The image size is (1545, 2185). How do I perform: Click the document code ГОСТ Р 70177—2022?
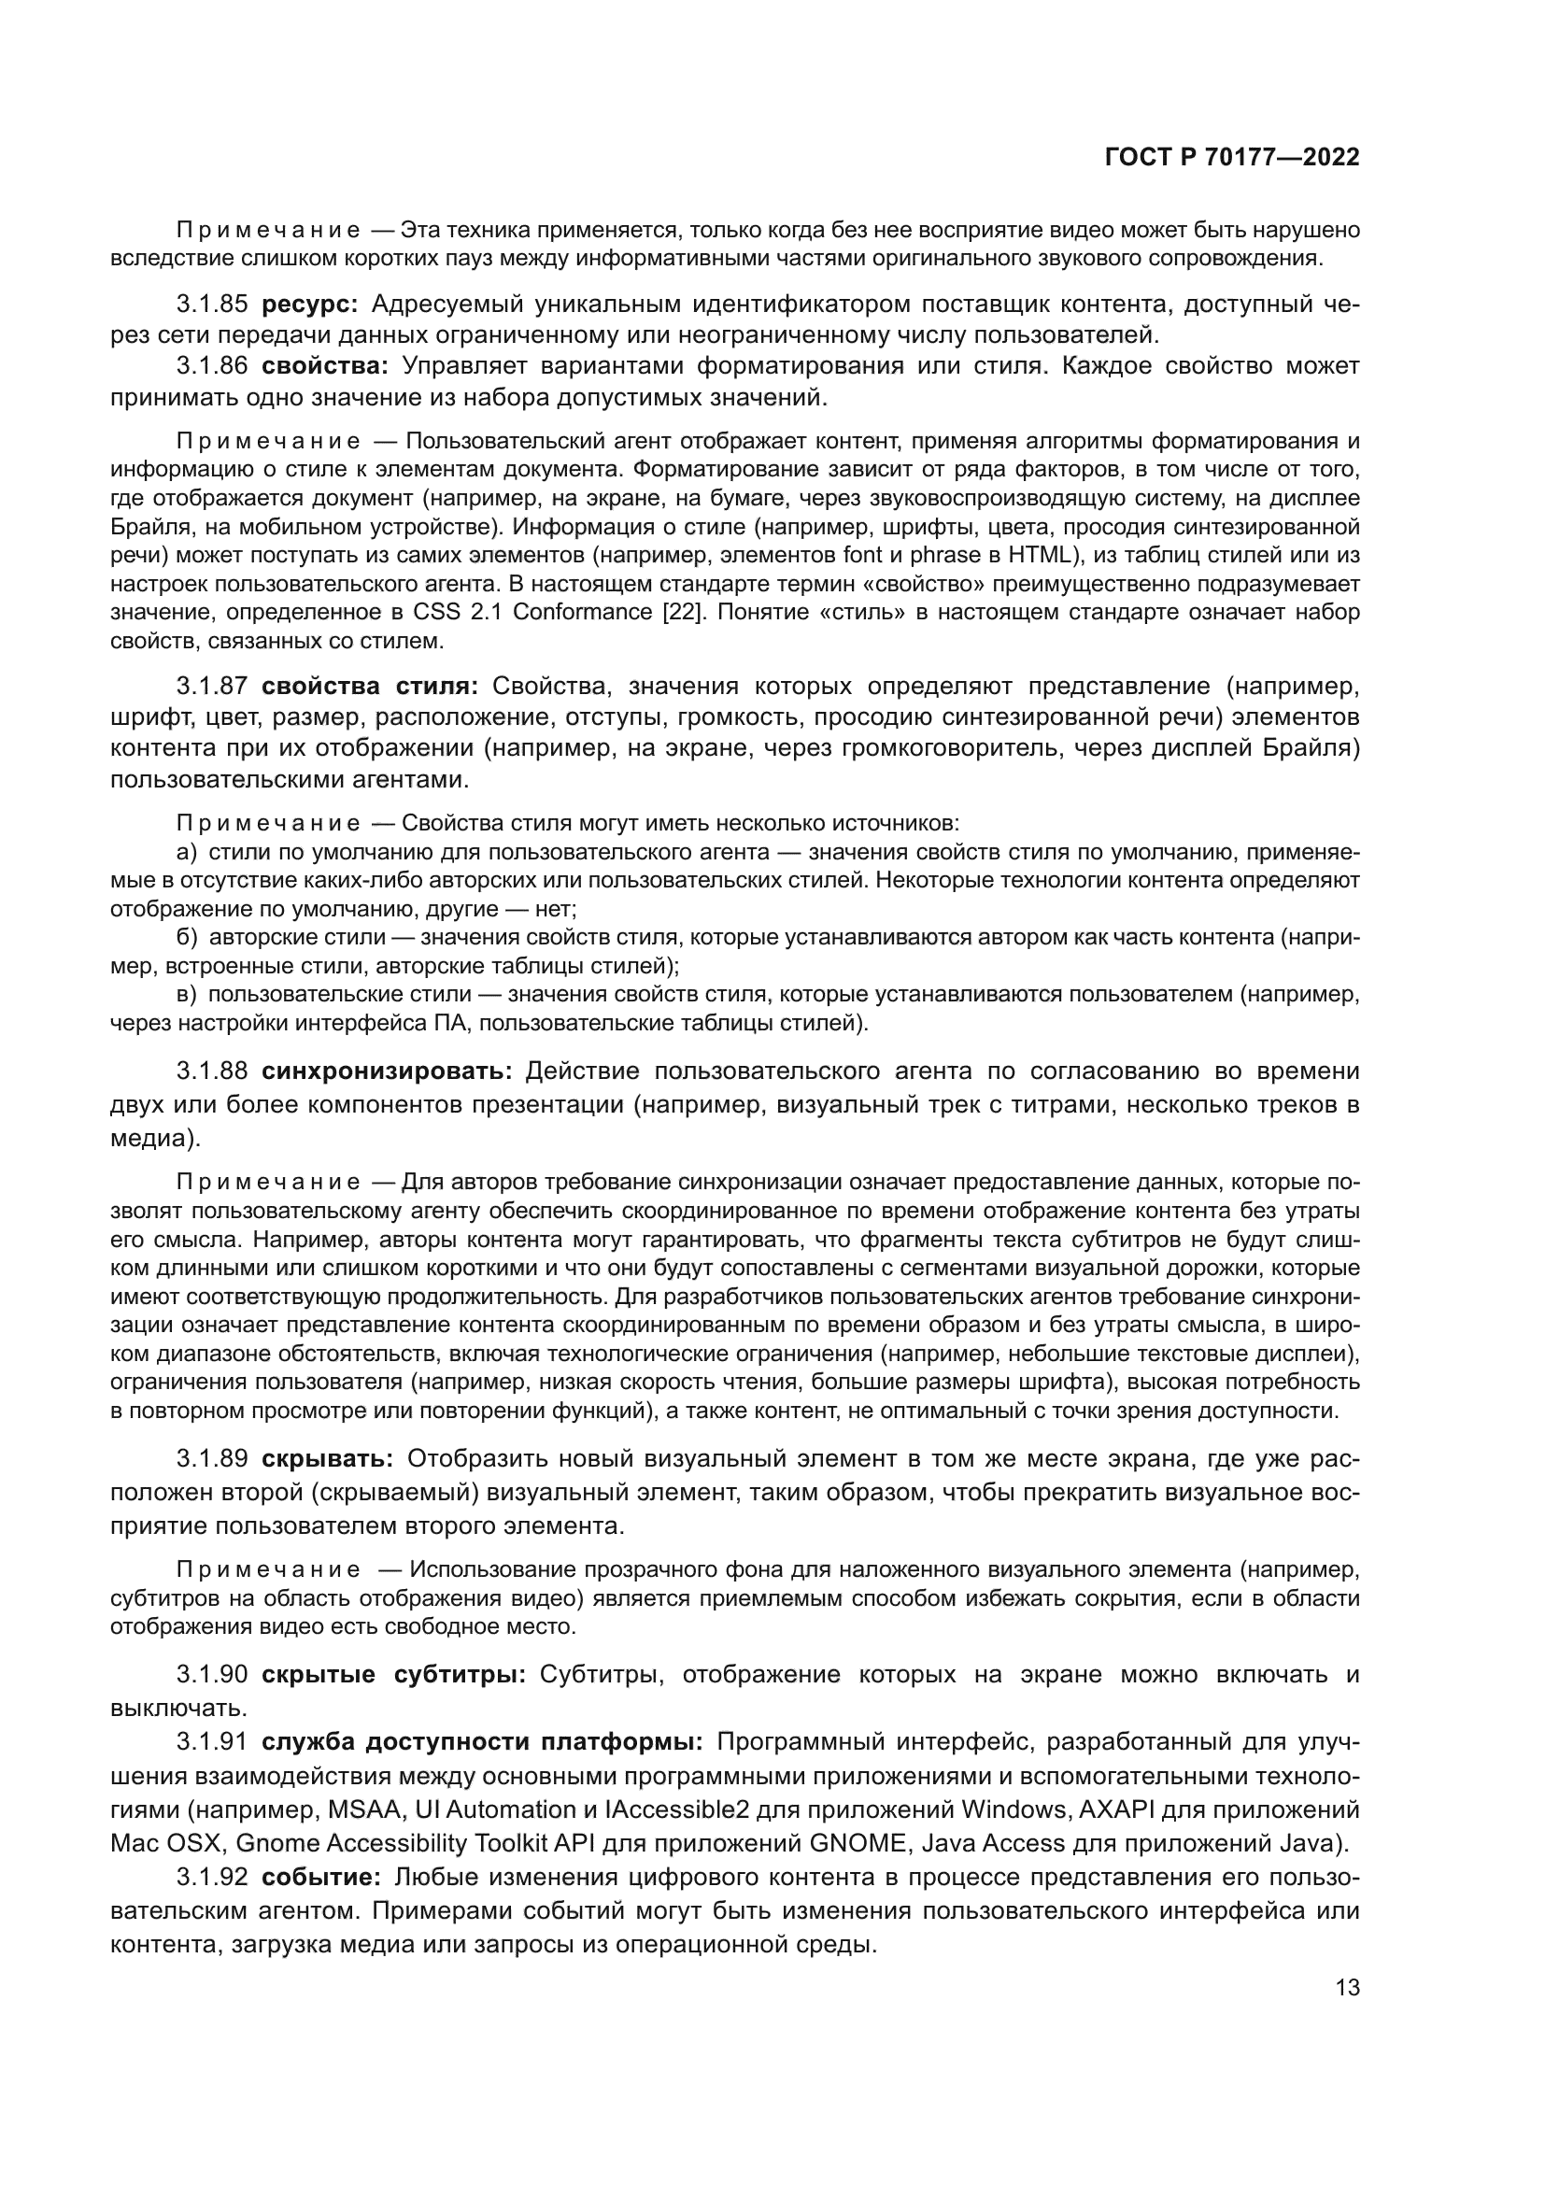[x=1231, y=158]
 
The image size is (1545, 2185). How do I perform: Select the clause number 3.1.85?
[x=211, y=305]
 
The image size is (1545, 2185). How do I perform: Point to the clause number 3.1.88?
[x=211, y=1071]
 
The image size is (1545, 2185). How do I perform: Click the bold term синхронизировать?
[x=387, y=1071]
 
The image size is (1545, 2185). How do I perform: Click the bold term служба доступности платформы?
[x=481, y=1741]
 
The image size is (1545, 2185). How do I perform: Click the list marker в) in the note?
[x=187, y=995]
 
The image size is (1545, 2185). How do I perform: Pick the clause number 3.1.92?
[x=211, y=1878]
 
